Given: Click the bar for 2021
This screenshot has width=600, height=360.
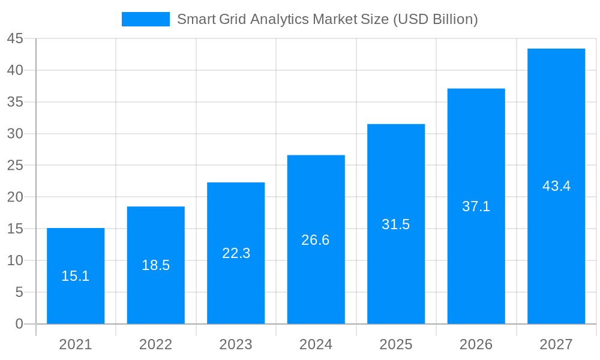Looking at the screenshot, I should click(x=76, y=300).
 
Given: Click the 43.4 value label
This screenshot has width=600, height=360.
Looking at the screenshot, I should click(x=556, y=186).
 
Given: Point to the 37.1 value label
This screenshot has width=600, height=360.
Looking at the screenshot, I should click(x=476, y=206).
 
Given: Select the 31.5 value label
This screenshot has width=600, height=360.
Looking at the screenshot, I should click(x=396, y=224).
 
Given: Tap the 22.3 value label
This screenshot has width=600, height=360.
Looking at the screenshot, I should click(x=236, y=253).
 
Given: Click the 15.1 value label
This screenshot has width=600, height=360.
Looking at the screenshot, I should click(x=76, y=276).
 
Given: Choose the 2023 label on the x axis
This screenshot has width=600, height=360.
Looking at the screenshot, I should click(x=236, y=344).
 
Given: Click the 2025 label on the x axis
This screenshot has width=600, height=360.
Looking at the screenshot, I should click(x=396, y=344).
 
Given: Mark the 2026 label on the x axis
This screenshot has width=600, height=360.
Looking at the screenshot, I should click(x=476, y=344).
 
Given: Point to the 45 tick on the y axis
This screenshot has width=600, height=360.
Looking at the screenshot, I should click(x=15, y=39).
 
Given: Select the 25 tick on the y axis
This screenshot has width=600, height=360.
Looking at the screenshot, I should click(x=15, y=166).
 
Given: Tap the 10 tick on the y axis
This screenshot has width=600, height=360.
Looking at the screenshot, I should click(x=15, y=260).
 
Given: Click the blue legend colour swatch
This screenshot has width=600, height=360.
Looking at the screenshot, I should click(x=146, y=19).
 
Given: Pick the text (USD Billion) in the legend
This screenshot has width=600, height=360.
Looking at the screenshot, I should click(x=435, y=19).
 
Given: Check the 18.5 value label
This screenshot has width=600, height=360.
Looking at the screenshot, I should click(x=156, y=265).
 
